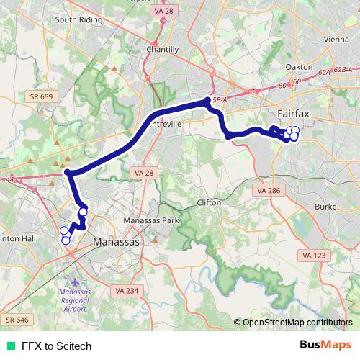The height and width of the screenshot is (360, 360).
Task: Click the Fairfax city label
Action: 294,114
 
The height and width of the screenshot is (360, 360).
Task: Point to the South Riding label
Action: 76,20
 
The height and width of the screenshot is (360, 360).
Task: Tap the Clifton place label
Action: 209,203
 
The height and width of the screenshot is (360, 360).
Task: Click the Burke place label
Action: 325,207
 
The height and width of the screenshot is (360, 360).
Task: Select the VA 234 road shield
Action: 126,289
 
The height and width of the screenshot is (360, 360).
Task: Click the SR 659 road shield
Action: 41,96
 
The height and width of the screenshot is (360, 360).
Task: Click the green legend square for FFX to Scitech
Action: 9,346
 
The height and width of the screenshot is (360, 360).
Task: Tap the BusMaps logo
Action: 325,346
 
